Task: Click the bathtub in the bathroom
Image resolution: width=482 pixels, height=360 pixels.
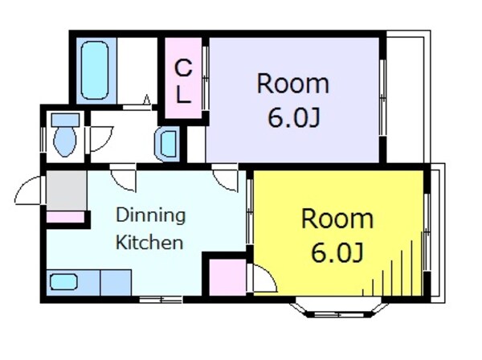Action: [x=95, y=71]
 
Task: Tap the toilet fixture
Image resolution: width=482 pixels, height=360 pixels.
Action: [x=65, y=135]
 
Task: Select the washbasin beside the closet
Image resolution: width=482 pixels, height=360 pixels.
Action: [x=167, y=144]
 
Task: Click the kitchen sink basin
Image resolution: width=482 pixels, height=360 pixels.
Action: [x=63, y=282]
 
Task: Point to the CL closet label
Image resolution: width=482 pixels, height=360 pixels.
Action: [x=183, y=81]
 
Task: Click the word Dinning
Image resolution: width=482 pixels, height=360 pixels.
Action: [x=151, y=216]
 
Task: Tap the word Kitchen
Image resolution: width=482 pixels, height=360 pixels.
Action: [x=149, y=242]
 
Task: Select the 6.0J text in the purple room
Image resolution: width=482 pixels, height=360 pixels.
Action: [x=294, y=118]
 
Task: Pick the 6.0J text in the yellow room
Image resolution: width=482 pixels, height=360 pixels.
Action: [x=337, y=252]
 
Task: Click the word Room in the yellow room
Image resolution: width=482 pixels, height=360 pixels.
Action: [x=337, y=219]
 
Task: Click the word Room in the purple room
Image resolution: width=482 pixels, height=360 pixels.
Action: [x=293, y=84]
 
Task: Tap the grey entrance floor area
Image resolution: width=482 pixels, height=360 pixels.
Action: [x=66, y=190]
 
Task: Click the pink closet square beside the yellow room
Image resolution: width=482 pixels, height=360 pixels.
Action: [x=227, y=277]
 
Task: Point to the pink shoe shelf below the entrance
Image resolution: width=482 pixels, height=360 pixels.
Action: [x=65, y=217]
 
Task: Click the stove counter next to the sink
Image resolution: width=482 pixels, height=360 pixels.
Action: [x=116, y=283]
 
